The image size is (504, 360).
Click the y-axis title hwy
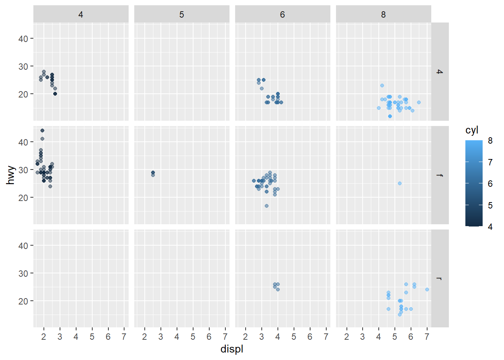pyautogui.click(x=10, y=175)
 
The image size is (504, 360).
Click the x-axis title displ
pyautogui.click(x=232, y=349)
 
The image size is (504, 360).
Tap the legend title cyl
pyautogui.click(x=472, y=130)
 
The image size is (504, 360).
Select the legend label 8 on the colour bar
pyautogui.click(x=490, y=141)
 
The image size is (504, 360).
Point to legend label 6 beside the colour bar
pyautogui.click(x=490, y=184)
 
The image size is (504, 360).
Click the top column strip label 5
pyautogui.click(x=181, y=15)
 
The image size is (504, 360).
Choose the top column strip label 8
pyautogui.click(x=383, y=15)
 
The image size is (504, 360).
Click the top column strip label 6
pyautogui.click(x=282, y=15)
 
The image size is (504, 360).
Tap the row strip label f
pyautogui.click(x=440, y=175)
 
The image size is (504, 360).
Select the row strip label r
pyautogui.click(x=440, y=279)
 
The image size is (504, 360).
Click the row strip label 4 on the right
pyautogui.click(x=440, y=72)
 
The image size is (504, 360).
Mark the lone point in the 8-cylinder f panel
pyautogui.click(x=400, y=183)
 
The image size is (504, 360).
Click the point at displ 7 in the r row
pyautogui.click(x=427, y=289)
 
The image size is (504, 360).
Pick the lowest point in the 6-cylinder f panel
pyautogui.click(x=267, y=206)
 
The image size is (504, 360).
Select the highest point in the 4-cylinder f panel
pyautogui.click(x=42, y=130)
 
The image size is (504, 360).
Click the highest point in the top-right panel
pyautogui.click(x=382, y=85)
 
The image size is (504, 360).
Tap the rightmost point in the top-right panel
pyautogui.click(x=419, y=102)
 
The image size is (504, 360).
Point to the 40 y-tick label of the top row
pyautogui.click(x=23, y=39)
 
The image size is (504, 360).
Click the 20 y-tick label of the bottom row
pyautogui.click(x=23, y=301)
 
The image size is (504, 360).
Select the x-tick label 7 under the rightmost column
pyautogui.click(x=427, y=337)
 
